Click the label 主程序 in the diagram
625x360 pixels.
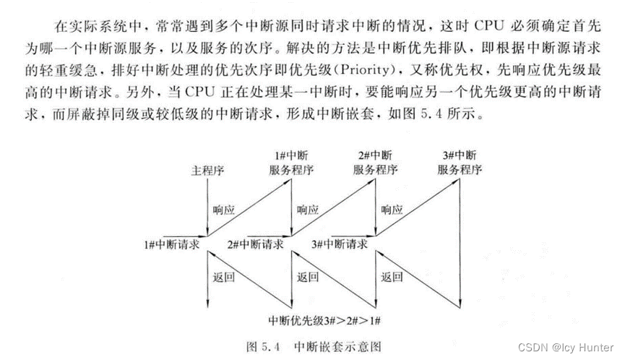[x=207, y=171]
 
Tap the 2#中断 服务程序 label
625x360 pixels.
[x=375, y=164]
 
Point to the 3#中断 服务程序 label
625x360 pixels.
[x=459, y=164]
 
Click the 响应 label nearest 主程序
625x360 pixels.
[x=223, y=210]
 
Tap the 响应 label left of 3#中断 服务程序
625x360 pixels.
[x=391, y=210]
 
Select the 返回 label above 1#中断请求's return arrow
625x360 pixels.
[x=223, y=276]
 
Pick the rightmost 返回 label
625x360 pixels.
[x=391, y=276]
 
